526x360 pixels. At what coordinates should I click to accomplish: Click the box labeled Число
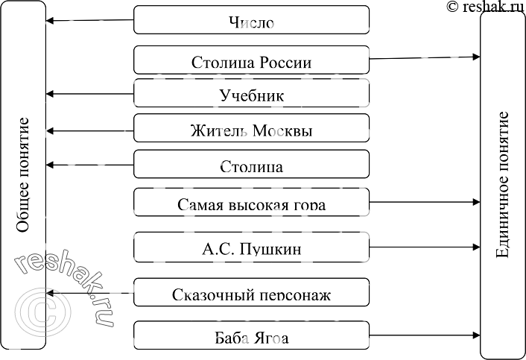251,20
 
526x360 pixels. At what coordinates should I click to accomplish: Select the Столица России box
251,60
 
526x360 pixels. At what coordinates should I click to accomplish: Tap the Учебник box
251,95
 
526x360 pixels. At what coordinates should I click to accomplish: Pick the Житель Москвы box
251,130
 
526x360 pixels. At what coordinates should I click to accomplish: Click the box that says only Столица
251,165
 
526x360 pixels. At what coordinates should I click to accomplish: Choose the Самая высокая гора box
251,202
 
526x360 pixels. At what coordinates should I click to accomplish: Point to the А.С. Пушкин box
251,247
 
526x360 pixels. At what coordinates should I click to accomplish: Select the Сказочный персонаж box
251,293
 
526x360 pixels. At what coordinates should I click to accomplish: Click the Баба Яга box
251,337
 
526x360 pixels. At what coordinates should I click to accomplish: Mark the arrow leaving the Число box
89,20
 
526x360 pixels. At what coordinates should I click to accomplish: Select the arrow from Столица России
425,57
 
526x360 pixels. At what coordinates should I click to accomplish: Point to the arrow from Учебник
89,94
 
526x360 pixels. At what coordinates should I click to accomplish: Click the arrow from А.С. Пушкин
425,247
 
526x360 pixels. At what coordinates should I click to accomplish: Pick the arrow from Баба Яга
425,337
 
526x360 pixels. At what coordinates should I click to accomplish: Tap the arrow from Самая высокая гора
425,202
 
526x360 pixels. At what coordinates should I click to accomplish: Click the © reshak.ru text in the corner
484,7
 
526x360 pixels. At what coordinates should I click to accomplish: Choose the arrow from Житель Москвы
89,131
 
